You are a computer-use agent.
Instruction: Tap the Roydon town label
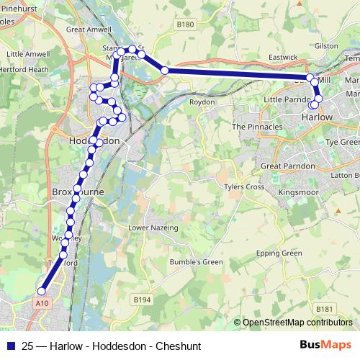pyautogui.click(x=202, y=102)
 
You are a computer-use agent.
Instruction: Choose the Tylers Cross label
pyautogui.click(x=244, y=187)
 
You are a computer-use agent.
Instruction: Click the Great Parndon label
pyautogui.click(x=288, y=166)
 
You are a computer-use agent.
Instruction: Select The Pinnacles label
pyautogui.click(x=257, y=126)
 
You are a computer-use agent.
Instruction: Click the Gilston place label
pyautogui.click(x=326, y=45)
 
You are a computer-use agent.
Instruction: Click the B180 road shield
pyautogui.click(x=186, y=24)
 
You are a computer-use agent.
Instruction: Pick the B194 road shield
pyautogui.click(x=142, y=298)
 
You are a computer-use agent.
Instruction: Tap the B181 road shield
pyautogui.click(x=325, y=309)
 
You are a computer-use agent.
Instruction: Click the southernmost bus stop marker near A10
pyautogui.click(x=42, y=292)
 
